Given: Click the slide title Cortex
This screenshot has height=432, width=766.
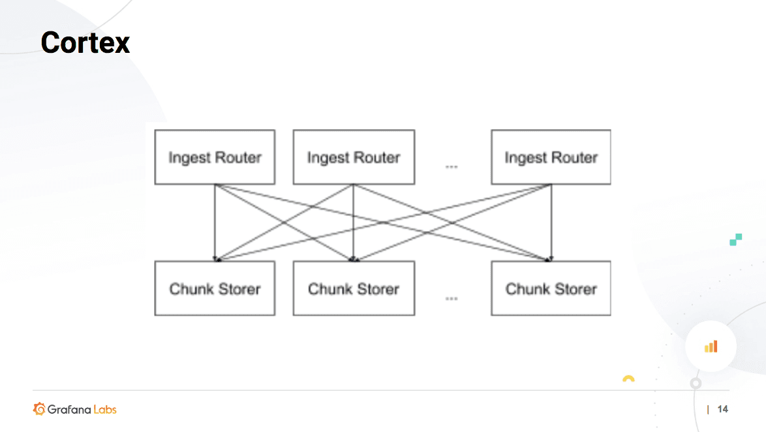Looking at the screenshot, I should (x=85, y=43).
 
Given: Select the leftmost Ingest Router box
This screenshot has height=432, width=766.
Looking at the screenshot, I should (x=215, y=157).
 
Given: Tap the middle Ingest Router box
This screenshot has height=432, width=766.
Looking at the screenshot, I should (x=353, y=157).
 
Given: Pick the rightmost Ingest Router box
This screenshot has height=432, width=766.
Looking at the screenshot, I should (x=551, y=157).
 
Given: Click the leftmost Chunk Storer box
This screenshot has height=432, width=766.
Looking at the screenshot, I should (x=215, y=288).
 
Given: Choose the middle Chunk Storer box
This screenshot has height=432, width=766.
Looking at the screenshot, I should (x=353, y=288).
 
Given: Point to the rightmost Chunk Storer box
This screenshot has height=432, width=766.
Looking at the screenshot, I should (x=551, y=288).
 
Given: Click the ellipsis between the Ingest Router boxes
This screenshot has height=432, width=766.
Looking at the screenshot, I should (x=452, y=167).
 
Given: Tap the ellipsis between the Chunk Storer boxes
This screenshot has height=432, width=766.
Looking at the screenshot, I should (x=452, y=298).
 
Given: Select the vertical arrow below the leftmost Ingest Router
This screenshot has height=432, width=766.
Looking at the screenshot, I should (x=215, y=222).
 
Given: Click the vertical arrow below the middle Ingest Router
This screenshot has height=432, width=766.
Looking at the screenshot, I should (x=353, y=222).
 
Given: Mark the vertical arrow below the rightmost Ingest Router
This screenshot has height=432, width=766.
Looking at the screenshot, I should (x=551, y=222).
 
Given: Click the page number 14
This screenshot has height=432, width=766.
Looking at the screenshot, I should (x=722, y=409).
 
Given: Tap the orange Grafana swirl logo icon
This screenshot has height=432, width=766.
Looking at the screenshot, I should (x=39, y=409).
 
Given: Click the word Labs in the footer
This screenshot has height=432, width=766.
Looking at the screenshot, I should (x=104, y=409).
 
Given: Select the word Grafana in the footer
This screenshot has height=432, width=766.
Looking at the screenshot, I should (x=69, y=409).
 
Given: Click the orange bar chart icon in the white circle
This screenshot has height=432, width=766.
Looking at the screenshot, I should (x=711, y=347).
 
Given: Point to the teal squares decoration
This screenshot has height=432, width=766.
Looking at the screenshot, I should (x=736, y=239).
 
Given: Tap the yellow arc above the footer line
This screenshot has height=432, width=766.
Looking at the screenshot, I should (x=628, y=378).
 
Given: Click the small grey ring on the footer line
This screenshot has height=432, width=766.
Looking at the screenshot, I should (x=696, y=383).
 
